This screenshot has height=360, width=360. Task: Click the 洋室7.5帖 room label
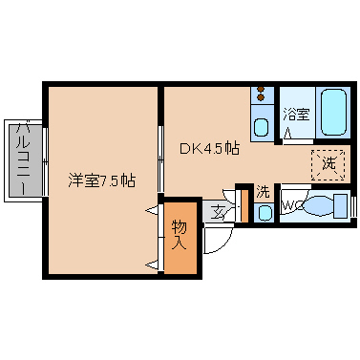pos(102,180)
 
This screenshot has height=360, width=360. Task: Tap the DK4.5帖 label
pos(209,148)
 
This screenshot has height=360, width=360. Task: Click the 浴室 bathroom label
pos(296,115)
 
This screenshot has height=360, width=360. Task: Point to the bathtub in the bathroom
pos(333,112)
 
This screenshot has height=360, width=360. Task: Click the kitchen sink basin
pos(262,127)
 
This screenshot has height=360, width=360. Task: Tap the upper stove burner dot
pos(261,89)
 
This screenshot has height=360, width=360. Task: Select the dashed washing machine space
pos(328,164)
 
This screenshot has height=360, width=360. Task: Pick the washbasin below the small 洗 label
pos(265,213)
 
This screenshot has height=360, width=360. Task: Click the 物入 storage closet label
pos(180,235)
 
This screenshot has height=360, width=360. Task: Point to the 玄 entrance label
pos(218,212)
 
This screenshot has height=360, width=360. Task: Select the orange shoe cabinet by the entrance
pos(244,205)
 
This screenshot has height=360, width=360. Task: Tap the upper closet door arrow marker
pos(152,210)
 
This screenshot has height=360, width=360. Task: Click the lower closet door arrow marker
pos(152,264)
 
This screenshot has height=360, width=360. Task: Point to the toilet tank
pos(341,205)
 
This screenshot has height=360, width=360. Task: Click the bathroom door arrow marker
pos(288,133)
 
